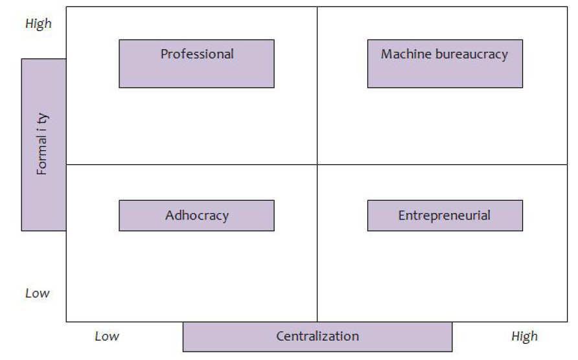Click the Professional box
point(196,63)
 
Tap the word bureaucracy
point(472,54)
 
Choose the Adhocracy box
point(196,216)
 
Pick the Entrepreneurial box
point(445,216)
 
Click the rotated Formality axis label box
point(44,145)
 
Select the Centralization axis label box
point(318,337)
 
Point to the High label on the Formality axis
point(38,24)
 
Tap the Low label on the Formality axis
point(37,293)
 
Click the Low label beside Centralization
point(107,336)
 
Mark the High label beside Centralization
point(525,337)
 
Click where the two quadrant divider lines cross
point(317,164)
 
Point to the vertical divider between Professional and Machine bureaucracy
point(317,85)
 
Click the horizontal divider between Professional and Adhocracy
point(192,164)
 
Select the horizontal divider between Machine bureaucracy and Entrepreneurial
point(443,164)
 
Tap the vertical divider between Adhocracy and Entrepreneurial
point(317,243)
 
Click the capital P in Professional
point(165,54)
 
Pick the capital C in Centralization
point(280,336)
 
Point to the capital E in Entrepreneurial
point(402,215)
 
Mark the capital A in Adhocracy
point(170,215)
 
